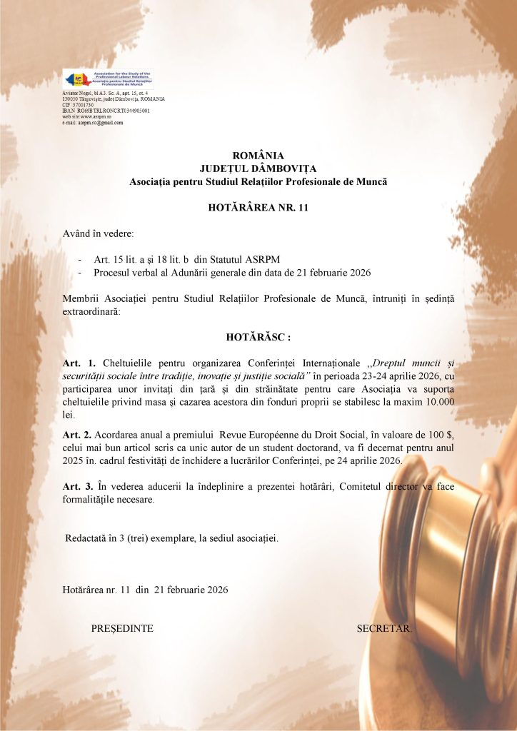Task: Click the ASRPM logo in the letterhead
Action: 108,79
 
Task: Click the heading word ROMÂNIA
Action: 258,156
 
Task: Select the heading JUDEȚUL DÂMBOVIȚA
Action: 258,168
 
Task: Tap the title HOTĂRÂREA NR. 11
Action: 258,208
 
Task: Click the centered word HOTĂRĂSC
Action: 258,337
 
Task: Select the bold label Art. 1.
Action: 79,363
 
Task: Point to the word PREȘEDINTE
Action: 122,628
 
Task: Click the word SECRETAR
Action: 384,628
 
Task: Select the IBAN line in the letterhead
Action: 106,111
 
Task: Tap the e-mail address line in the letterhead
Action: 93,122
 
